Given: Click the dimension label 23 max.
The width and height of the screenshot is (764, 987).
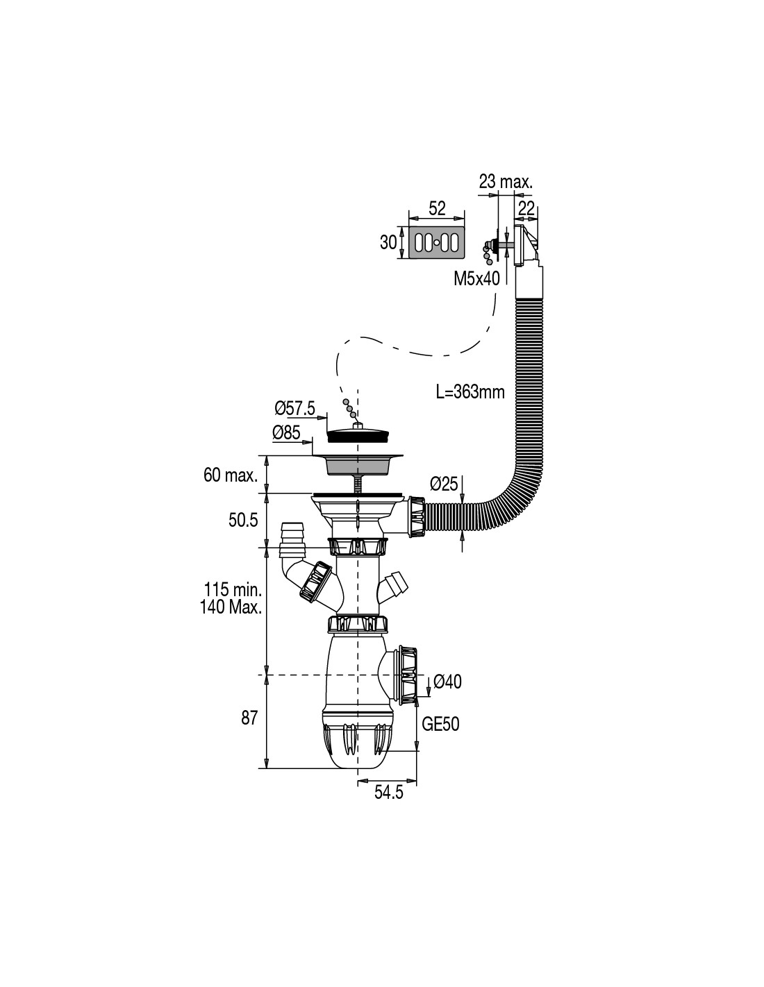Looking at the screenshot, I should pyautogui.click(x=505, y=182).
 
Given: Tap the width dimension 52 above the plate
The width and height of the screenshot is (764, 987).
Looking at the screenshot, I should pyautogui.click(x=437, y=208).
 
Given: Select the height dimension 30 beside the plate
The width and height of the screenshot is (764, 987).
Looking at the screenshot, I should pyautogui.click(x=388, y=242).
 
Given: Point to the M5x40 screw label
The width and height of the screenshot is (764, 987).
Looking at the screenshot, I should pyautogui.click(x=476, y=279).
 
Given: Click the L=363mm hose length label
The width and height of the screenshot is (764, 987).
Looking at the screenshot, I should pyautogui.click(x=470, y=391).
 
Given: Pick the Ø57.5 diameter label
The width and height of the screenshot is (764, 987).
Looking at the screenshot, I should pyautogui.click(x=294, y=409).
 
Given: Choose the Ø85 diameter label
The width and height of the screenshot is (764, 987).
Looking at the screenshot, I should pyautogui.click(x=286, y=433).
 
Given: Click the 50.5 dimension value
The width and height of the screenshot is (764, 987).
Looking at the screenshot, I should pyautogui.click(x=243, y=520).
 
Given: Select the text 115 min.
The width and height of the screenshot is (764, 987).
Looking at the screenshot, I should pyautogui.click(x=233, y=591).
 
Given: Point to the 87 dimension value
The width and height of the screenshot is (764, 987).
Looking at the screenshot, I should pyautogui.click(x=249, y=718).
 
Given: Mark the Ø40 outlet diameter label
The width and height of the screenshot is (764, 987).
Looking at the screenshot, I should pyautogui.click(x=447, y=682).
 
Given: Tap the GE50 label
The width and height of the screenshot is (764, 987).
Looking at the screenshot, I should pyautogui.click(x=441, y=724).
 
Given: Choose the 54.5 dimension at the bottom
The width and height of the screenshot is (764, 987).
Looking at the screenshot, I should pyautogui.click(x=389, y=793).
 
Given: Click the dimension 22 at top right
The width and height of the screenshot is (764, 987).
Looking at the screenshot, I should pyautogui.click(x=526, y=208).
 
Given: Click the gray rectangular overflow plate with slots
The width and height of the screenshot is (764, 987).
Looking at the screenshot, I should pyautogui.click(x=437, y=242).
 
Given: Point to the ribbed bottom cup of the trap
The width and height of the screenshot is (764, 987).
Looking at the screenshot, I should pyautogui.click(x=357, y=744).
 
